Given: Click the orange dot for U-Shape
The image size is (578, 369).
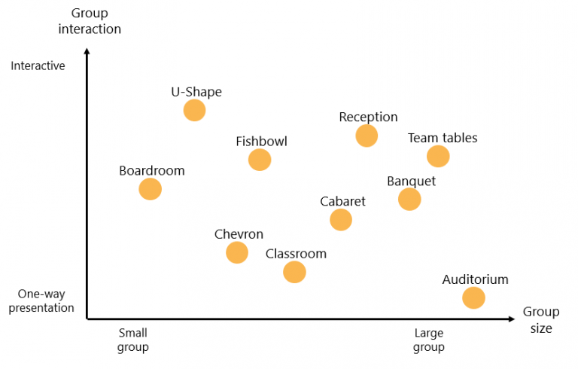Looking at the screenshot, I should (x=194, y=111).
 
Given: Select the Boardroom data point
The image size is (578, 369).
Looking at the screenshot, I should (x=151, y=189).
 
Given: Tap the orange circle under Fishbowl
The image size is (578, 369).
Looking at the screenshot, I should (x=260, y=160).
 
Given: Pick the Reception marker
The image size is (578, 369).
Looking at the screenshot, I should (x=367, y=136).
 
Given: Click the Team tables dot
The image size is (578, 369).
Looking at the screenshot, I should (x=438, y=156).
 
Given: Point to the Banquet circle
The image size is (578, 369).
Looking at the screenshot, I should (x=409, y=199).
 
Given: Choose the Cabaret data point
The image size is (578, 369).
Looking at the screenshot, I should (x=341, y=220).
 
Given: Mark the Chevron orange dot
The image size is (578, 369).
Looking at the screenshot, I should (x=237, y=252).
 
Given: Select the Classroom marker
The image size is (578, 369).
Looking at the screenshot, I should (x=295, y=272).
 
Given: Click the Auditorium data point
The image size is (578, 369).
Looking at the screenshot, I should (x=473, y=297).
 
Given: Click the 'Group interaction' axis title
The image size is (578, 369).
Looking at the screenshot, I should (x=90, y=21).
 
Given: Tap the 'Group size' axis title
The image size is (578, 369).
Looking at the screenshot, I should (x=541, y=320).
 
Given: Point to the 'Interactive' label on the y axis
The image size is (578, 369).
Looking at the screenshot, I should (x=38, y=66).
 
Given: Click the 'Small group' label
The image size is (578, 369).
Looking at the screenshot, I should (x=132, y=340).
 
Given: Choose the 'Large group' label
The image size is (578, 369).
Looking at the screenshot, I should (x=429, y=340).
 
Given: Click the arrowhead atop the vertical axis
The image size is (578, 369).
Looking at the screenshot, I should (x=87, y=52).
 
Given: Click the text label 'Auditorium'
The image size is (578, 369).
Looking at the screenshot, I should (x=475, y=280).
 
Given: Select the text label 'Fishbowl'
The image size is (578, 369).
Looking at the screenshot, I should (x=261, y=142).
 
